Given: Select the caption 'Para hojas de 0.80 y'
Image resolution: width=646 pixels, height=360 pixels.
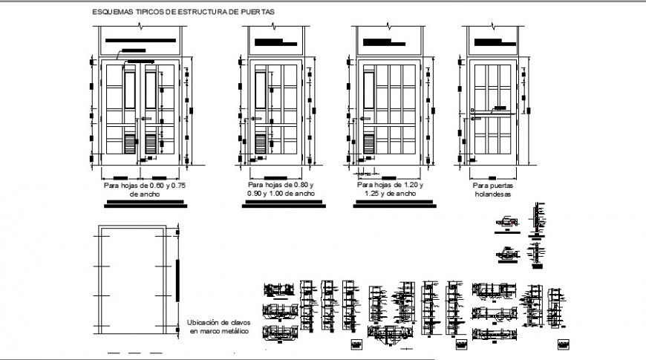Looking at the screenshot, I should (x=281, y=184).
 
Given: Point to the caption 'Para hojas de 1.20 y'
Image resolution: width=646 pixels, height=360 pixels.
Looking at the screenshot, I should (x=389, y=184).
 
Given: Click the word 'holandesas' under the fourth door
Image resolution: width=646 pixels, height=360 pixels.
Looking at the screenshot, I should (x=493, y=194).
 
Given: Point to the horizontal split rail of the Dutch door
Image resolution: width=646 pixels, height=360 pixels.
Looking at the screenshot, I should (x=493, y=113).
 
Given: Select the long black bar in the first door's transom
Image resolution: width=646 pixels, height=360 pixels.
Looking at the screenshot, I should (x=141, y=41).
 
